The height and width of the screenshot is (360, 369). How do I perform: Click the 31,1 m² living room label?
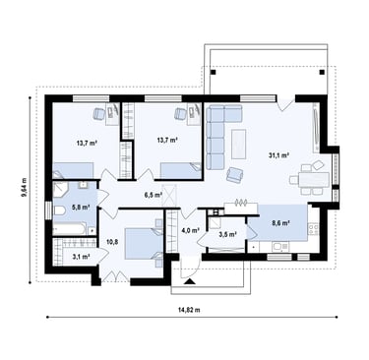pos(278,155)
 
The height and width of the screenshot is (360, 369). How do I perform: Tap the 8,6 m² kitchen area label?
pos(280,223)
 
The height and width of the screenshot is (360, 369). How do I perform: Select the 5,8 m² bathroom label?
pos(81,207)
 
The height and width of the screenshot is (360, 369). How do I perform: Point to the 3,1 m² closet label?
pos(81,257)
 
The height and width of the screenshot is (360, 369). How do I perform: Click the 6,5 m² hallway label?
pos(154,195)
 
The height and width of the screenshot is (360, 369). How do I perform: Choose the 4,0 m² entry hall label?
pos(191,230)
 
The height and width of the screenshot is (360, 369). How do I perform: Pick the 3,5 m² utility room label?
pos(227,234)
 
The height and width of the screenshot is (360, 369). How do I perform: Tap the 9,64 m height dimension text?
pos(24,187)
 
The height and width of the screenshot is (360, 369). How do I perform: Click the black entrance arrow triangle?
pos(189,281)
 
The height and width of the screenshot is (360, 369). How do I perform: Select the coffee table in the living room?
pos(238,145)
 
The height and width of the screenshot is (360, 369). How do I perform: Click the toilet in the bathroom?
pos(60,210)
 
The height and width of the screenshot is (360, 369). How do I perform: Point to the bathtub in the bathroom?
pos(70,229)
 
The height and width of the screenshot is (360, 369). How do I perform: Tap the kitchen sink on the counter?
pos(280,247)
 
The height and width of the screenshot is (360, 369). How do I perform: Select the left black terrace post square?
pos(214,72)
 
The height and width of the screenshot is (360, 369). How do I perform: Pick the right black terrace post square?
pos(322,72)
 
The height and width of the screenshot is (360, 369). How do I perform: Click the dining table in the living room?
pos(313,179)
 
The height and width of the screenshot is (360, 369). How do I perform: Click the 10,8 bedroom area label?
pos(110,242)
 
